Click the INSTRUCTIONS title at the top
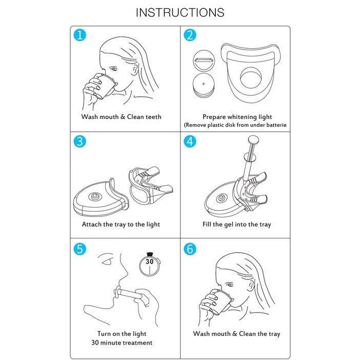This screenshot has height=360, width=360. pyautogui.click(x=180, y=12)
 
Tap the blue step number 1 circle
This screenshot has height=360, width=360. pyautogui.click(x=79, y=35)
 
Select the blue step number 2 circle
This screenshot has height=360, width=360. pyautogui.click(x=190, y=35)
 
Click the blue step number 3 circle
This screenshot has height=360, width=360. pyautogui.click(x=79, y=141)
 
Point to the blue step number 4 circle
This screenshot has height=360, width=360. pyautogui.click(x=190, y=141)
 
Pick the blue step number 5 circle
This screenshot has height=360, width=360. pyautogui.click(x=79, y=249)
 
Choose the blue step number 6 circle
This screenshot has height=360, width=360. pyautogui.click(x=190, y=249)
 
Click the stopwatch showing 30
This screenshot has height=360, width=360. pyautogui.click(x=150, y=265)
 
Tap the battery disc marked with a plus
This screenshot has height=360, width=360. pyautogui.click(x=204, y=85)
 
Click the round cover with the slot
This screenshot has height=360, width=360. pyautogui.click(x=204, y=61)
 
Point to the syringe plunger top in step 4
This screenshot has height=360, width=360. pyautogui.click(x=253, y=139)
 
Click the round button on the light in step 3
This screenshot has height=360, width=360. pyautogui.click(x=94, y=196)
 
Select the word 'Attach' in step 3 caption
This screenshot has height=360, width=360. pyautogui.click(x=92, y=224)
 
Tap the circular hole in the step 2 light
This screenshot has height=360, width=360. pyautogui.click(x=251, y=78)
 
